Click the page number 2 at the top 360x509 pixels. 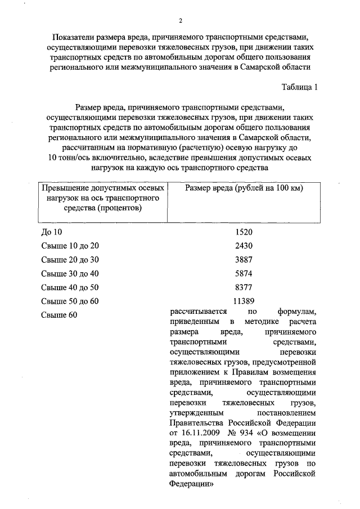(x=180, y=21)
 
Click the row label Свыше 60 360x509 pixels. (x=58, y=315)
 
